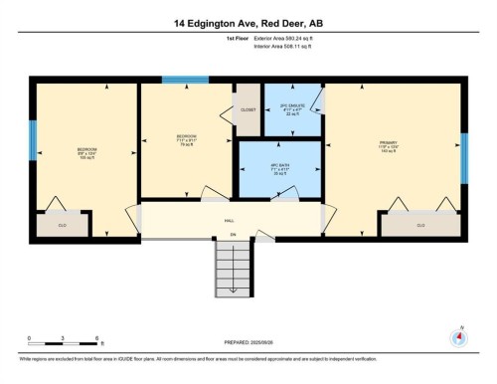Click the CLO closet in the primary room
(420, 225)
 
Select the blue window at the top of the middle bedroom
(186, 80)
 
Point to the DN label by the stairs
(233, 236)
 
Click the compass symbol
(459, 335)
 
